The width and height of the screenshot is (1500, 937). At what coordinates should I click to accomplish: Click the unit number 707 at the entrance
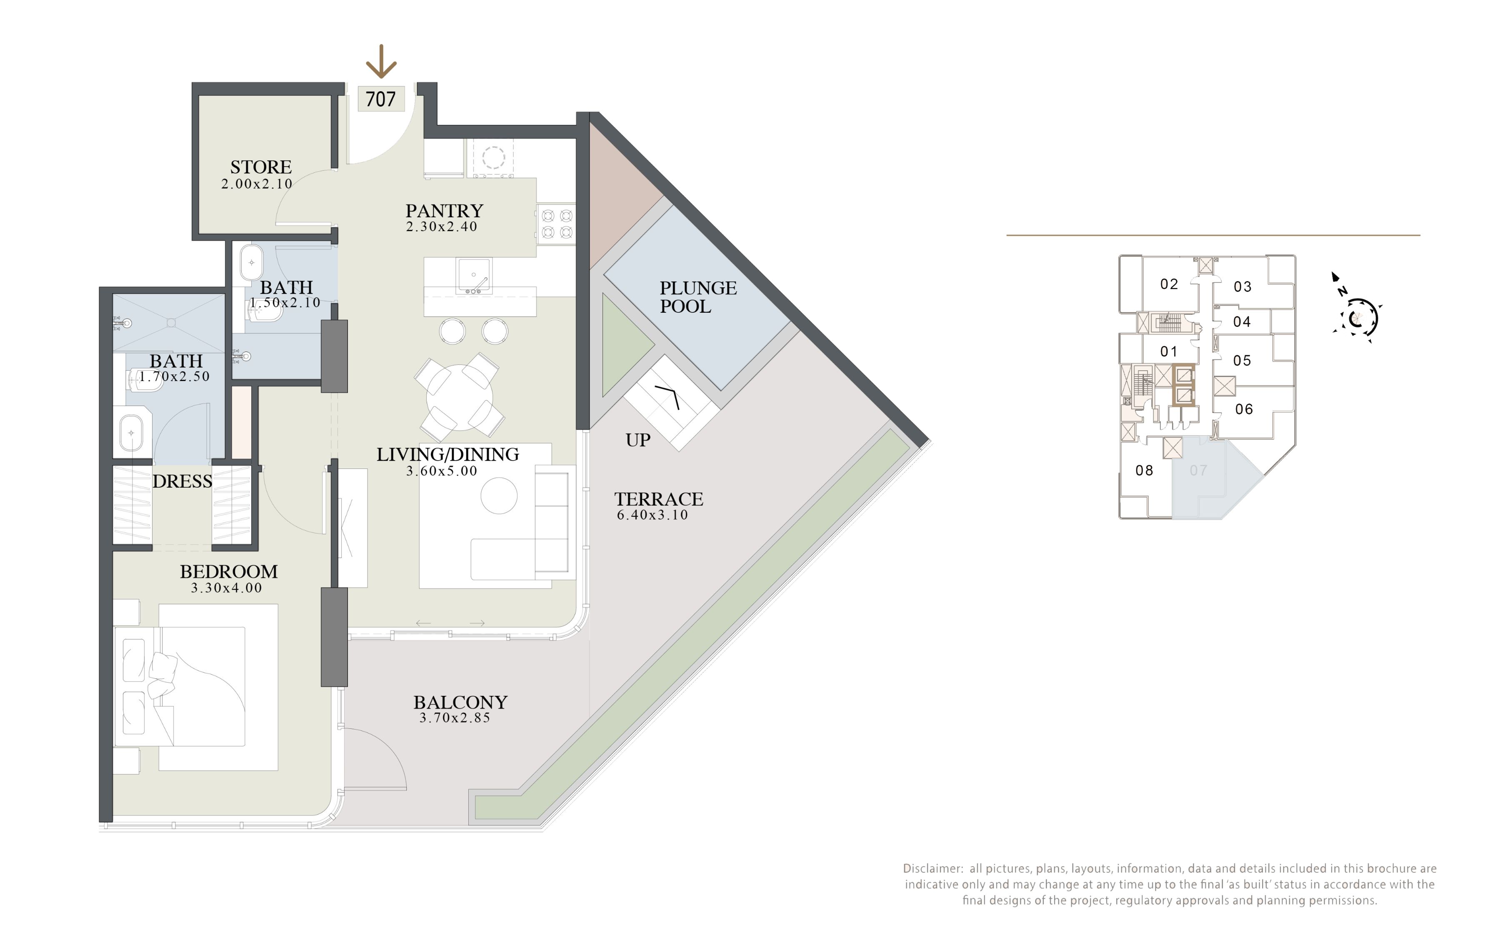click(380, 99)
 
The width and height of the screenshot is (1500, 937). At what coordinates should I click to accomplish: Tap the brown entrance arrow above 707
click(380, 61)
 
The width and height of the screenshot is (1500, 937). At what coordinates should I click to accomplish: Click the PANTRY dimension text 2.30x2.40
click(442, 227)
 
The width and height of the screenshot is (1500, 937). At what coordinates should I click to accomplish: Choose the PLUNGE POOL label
click(698, 297)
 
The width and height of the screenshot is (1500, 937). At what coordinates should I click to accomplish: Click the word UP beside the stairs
click(638, 440)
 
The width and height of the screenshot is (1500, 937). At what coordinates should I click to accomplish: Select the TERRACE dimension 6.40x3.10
click(652, 515)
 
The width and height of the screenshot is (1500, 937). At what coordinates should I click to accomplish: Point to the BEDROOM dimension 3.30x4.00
click(227, 588)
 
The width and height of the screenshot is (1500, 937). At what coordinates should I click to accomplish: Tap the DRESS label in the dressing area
click(182, 481)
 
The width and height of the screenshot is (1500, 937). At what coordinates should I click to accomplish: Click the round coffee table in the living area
click(499, 496)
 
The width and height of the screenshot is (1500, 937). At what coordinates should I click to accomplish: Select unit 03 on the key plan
click(1242, 287)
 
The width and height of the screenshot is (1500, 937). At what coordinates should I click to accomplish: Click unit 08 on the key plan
click(1144, 470)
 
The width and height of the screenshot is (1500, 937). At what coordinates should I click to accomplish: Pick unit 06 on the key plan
click(1244, 409)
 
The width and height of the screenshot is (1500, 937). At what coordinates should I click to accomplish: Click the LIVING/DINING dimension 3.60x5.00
click(442, 471)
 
